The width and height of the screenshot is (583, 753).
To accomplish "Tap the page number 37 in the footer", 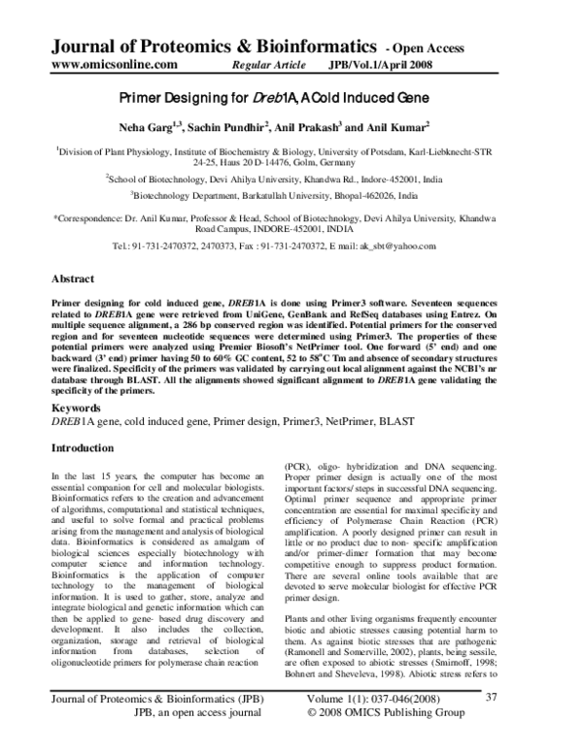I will point(545,722).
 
